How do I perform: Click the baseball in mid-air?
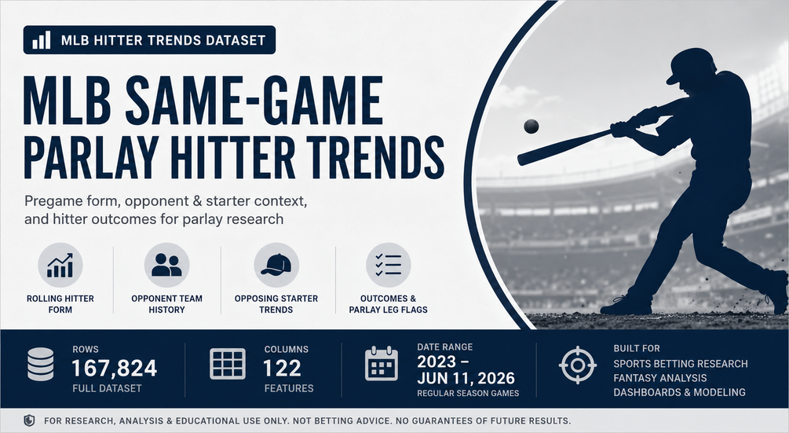531,126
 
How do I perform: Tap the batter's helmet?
691,64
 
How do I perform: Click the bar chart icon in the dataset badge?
42,40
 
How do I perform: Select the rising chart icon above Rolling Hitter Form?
60,266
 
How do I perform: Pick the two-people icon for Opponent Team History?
166,265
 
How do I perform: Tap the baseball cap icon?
276,264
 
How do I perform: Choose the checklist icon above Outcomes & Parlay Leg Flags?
388,265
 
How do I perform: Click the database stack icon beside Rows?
40,364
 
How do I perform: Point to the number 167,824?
114,369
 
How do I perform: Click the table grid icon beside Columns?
228,364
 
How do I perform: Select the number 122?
282,369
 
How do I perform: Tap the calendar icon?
381,364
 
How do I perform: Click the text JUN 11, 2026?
466,378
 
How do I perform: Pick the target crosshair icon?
578,365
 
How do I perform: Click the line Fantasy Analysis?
660,378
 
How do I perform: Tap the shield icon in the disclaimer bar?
29,420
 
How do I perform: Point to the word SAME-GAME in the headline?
254,100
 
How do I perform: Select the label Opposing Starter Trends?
276,303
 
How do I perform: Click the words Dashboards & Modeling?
679,392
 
